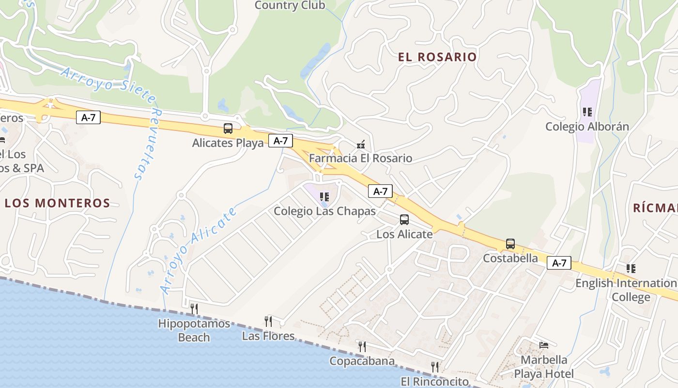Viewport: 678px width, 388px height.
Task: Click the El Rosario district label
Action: pyautogui.click(x=437, y=57)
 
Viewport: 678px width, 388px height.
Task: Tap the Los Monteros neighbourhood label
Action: pyautogui.click(x=58, y=203)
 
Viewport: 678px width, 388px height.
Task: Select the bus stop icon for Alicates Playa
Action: pyautogui.click(x=228, y=129)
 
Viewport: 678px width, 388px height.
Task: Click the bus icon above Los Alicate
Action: pyautogui.click(x=404, y=220)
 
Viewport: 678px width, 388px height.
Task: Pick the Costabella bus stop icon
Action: pyautogui.click(x=510, y=243)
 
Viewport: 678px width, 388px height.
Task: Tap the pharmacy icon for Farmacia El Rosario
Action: pyautogui.click(x=360, y=144)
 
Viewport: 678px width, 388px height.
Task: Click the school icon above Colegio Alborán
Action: pyautogui.click(x=587, y=112)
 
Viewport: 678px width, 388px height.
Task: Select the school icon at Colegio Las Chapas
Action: pyautogui.click(x=324, y=197)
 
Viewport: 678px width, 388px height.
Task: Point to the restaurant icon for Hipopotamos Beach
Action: pyautogui.click(x=194, y=308)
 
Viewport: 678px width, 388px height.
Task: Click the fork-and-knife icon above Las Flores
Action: pyautogui.click(x=268, y=321)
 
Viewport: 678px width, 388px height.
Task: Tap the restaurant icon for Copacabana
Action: pyautogui.click(x=362, y=346)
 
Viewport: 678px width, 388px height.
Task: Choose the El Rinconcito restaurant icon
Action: pyautogui.click(x=435, y=367)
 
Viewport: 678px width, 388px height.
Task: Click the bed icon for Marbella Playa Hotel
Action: pyautogui.click(x=544, y=345)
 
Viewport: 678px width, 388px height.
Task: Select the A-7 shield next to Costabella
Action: pyautogui.click(x=559, y=263)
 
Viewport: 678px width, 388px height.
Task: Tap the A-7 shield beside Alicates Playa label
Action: pyautogui.click(x=280, y=141)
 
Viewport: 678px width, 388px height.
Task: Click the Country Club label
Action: pyautogui.click(x=290, y=5)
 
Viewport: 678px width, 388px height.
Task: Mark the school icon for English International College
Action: pyautogui.click(x=631, y=268)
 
